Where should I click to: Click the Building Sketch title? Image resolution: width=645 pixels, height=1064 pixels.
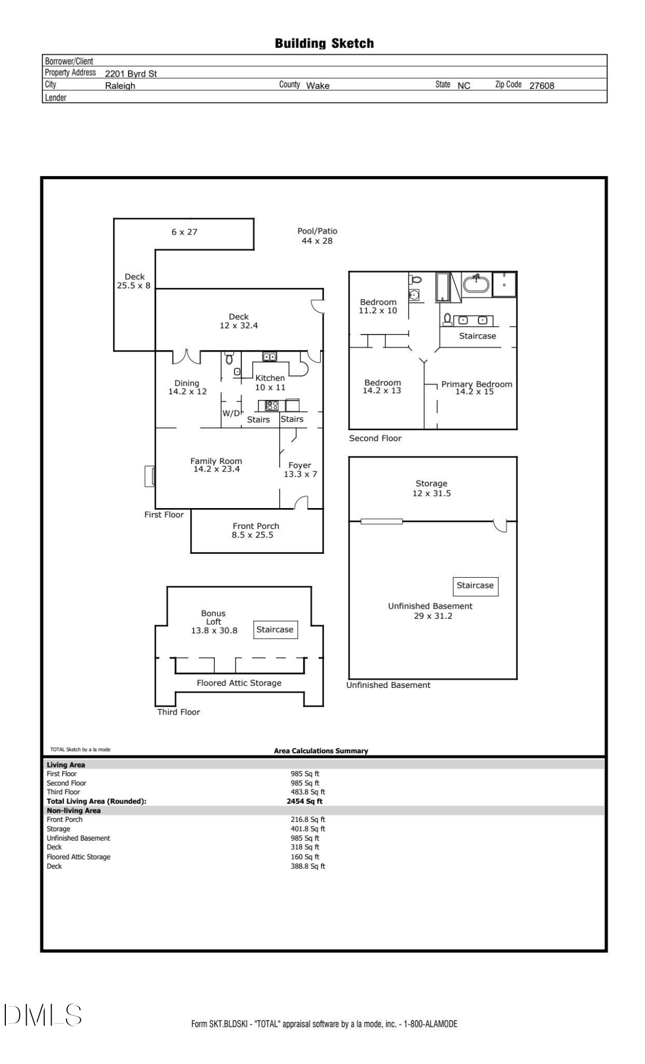(x=324, y=44)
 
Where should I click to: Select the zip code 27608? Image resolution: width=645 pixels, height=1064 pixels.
(x=542, y=85)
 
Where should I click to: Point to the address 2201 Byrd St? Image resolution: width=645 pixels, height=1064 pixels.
(x=131, y=73)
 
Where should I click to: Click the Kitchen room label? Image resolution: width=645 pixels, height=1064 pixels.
(x=270, y=378)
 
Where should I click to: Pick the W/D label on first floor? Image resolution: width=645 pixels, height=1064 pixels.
(x=231, y=413)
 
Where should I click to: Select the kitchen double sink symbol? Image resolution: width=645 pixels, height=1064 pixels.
(x=270, y=356)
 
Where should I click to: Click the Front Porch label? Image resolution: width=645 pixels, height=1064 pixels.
(x=256, y=526)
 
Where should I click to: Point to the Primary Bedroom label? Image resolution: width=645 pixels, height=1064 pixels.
(x=477, y=384)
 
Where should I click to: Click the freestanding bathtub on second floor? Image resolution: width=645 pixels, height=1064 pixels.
(x=476, y=284)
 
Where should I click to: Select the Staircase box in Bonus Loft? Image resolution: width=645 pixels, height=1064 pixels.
(x=275, y=629)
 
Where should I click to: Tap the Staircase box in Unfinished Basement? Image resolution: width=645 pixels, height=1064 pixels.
(x=475, y=586)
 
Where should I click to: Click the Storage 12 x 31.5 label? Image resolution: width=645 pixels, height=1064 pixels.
(x=431, y=488)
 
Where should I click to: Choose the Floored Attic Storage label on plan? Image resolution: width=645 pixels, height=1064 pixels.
(x=239, y=683)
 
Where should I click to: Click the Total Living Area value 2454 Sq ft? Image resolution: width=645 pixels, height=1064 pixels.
(x=305, y=801)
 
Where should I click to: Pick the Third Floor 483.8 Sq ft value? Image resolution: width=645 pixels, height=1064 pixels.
(x=308, y=792)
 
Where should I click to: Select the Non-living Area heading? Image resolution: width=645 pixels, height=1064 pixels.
(x=73, y=811)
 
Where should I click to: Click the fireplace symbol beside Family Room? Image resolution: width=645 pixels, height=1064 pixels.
(x=149, y=476)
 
